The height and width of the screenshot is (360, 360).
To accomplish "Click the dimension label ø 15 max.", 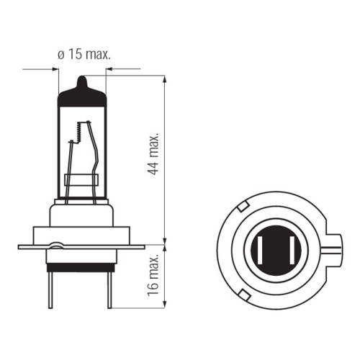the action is coord(84,55).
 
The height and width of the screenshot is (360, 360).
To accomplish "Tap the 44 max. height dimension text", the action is coord(153,153).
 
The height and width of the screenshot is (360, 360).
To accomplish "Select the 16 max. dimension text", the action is coord(153,275).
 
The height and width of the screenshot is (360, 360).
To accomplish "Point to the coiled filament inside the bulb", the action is coord(79,132).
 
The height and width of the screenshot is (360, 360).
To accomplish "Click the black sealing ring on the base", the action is coord(81,268).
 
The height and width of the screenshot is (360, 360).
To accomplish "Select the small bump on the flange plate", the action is coord(56,245).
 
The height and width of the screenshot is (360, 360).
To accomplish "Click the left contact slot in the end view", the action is coord(261,250).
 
